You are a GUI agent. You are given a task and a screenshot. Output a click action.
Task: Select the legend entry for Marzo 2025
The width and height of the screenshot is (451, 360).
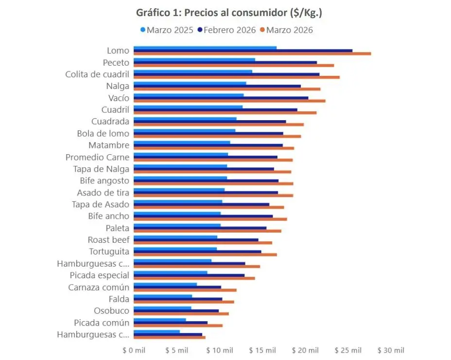point(167,30)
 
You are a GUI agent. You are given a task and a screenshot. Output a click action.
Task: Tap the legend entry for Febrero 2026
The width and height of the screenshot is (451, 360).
point(226,30)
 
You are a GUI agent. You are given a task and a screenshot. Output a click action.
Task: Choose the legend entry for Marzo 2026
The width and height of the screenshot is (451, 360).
point(286,30)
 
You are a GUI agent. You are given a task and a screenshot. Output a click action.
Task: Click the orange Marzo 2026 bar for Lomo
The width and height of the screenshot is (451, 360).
point(252,54)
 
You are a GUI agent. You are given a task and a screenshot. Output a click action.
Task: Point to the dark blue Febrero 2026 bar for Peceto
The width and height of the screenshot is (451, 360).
point(225,62)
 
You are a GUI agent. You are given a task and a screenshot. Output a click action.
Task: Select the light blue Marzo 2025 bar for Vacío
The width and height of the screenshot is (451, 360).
point(189,95)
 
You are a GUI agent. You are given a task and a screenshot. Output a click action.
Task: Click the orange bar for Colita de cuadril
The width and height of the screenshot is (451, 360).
point(237,77)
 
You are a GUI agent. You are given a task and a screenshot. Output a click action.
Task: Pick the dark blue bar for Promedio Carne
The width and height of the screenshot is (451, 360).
point(206,157)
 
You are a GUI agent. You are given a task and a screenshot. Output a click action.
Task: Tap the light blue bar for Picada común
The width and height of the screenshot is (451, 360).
point(159,320)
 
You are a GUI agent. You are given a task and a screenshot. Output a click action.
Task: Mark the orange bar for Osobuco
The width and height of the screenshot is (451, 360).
point(181,314)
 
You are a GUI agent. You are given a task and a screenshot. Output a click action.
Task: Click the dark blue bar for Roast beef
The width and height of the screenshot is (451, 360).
point(196,240)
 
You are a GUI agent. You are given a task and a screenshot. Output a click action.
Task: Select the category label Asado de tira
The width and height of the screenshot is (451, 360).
point(103,193)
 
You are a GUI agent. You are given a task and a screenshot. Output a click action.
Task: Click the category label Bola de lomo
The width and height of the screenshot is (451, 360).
point(103,133)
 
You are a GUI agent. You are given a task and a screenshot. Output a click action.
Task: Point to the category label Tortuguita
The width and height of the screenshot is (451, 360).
point(109,252)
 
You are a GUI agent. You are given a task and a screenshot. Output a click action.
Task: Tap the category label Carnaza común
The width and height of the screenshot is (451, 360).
point(99,287)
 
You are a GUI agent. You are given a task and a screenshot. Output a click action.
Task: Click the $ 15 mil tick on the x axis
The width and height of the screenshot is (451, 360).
point(262,350)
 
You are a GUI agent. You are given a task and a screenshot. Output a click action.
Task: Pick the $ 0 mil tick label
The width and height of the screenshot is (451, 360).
point(134,350)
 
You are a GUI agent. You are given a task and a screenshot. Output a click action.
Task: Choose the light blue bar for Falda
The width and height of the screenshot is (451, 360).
point(163,296)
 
